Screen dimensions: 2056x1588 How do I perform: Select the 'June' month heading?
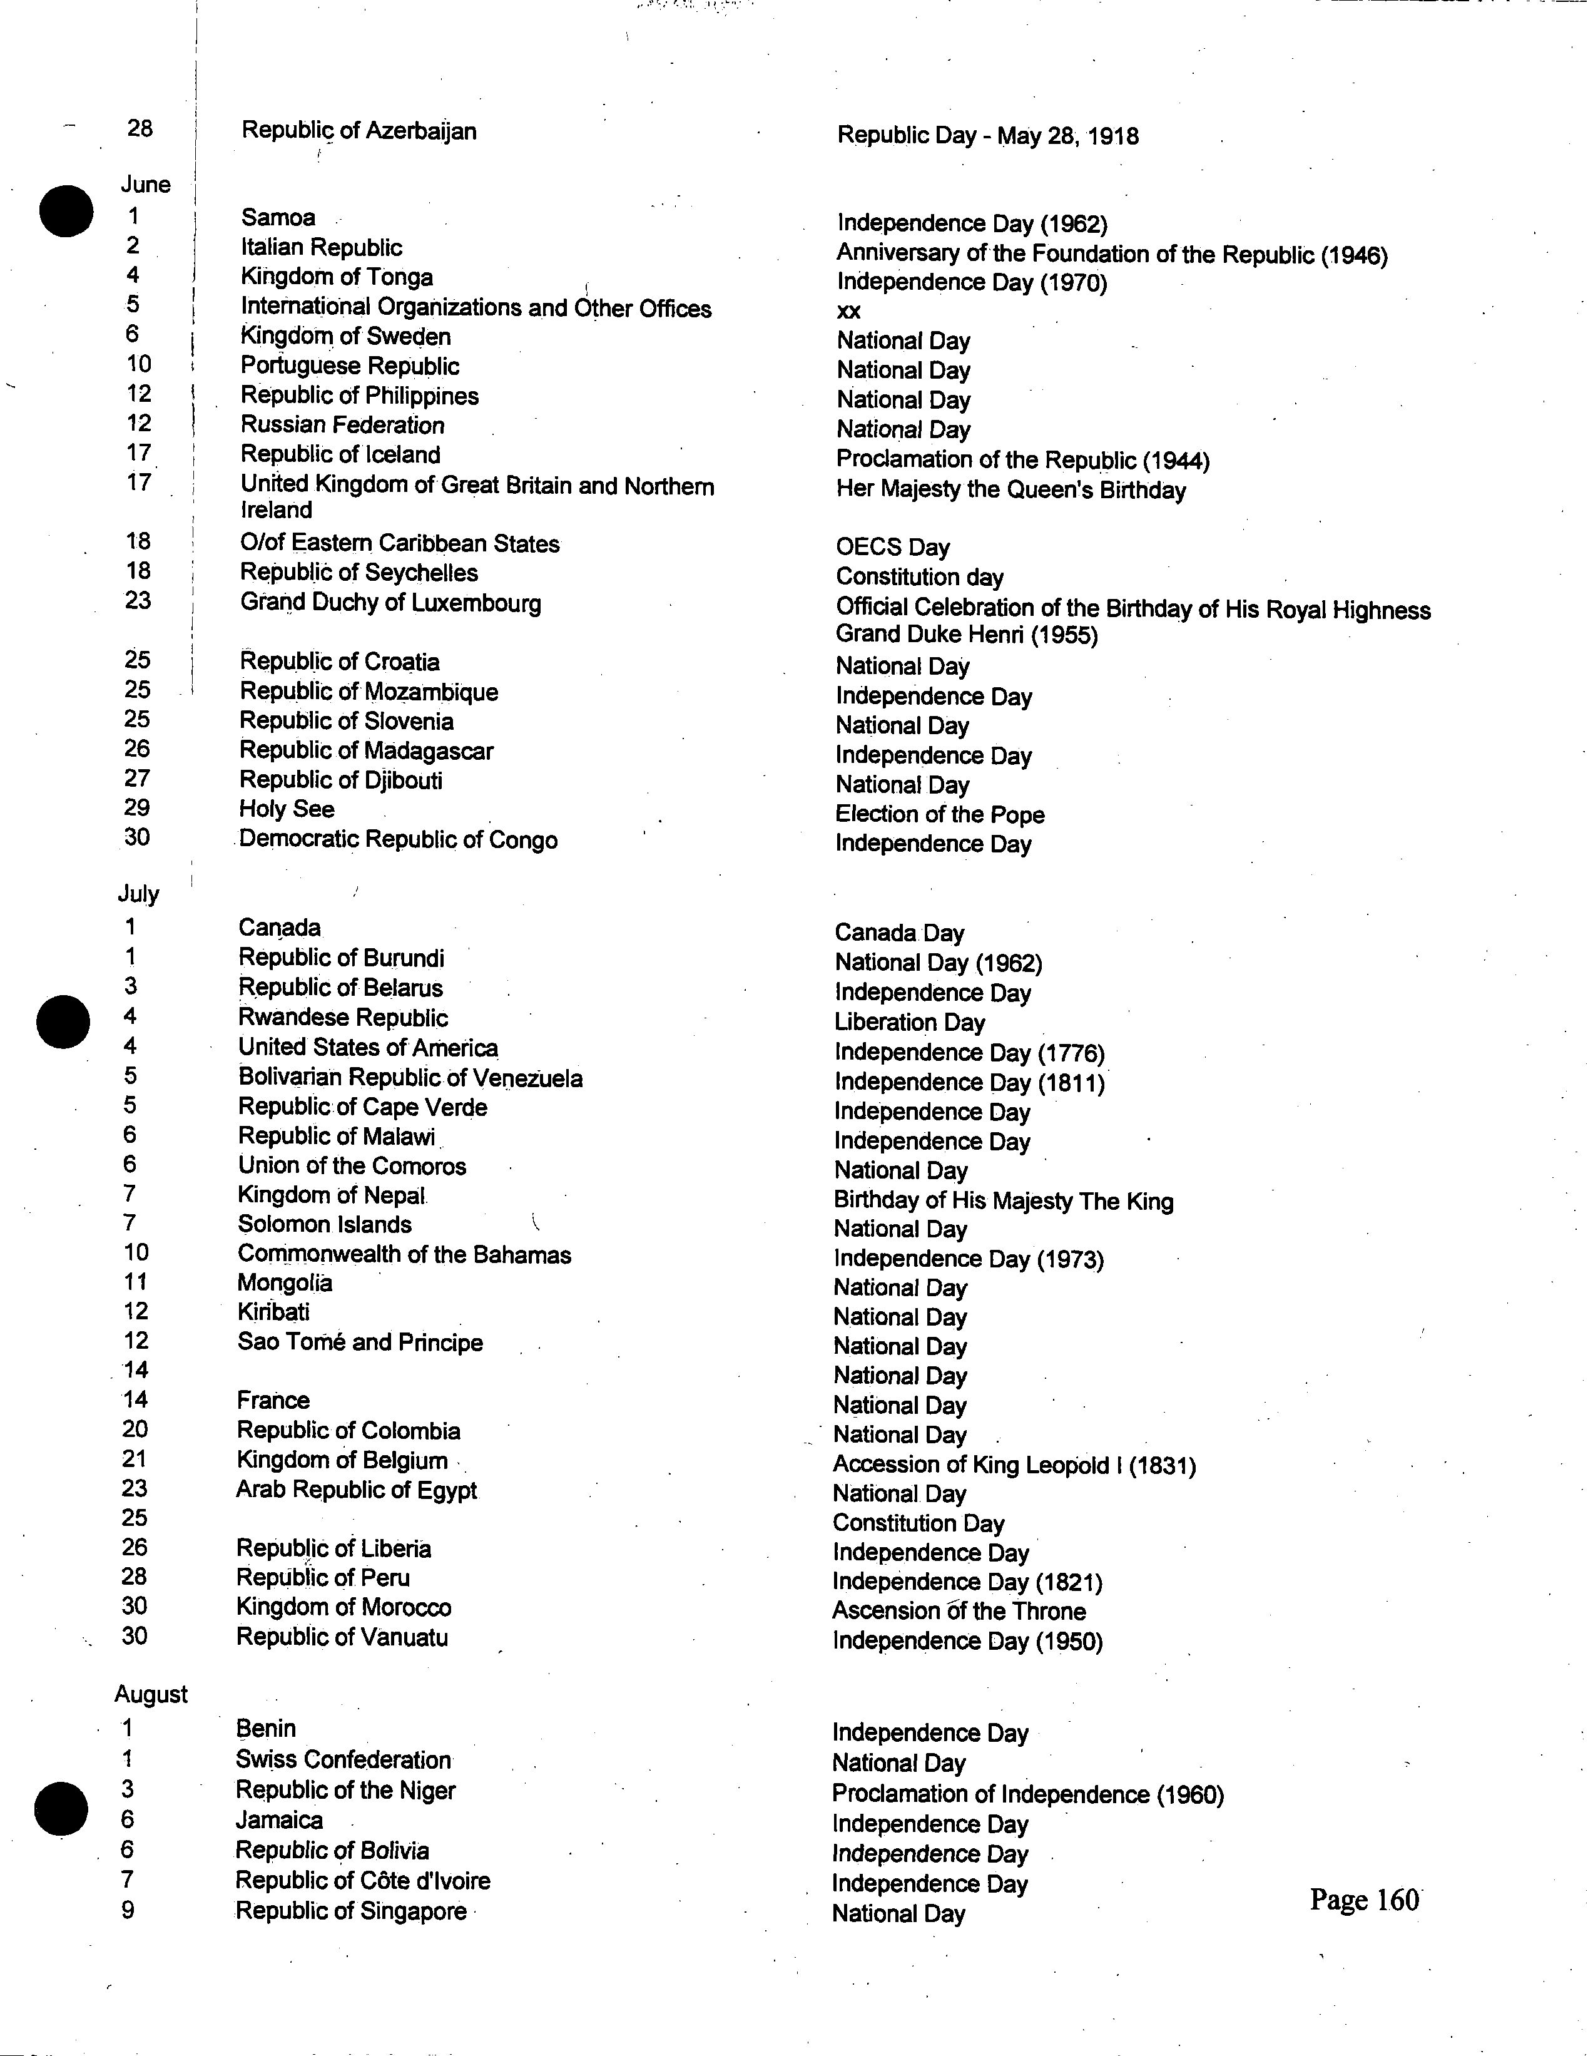[x=146, y=185]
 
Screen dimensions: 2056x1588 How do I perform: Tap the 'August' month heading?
[x=151, y=1694]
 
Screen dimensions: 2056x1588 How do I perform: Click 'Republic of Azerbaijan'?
[x=359, y=131]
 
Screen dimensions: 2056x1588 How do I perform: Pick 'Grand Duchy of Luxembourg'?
[x=390, y=603]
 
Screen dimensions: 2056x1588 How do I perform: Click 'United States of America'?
[x=367, y=1048]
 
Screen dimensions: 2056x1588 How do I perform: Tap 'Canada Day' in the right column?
[x=899, y=933]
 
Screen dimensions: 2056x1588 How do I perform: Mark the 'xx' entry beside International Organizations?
[x=848, y=312]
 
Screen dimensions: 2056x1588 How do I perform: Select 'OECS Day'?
[x=892, y=547]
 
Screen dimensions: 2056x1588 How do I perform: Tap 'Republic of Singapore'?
[x=350, y=1911]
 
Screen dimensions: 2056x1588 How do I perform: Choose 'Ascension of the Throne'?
[x=959, y=1611]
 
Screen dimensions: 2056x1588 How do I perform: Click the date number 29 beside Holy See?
[x=136, y=808]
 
